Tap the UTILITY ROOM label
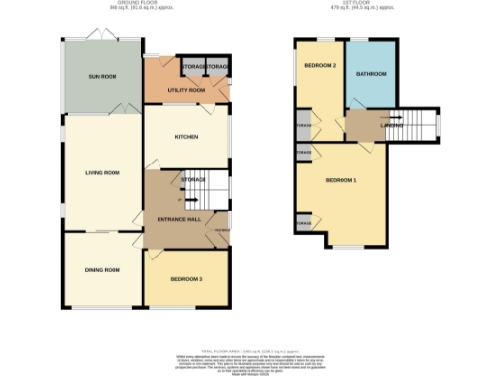coord(186,90)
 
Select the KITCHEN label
coord(186,137)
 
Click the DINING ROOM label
coord(102,269)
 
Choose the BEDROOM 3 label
coord(186,279)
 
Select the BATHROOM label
coord(372,74)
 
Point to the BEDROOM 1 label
coord(341,181)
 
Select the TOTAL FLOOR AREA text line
coord(250,350)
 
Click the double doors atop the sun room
coord(102,35)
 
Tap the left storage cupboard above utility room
coord(192,67)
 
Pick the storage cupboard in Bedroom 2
coord(304,125)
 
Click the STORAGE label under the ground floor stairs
coord(192,180)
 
